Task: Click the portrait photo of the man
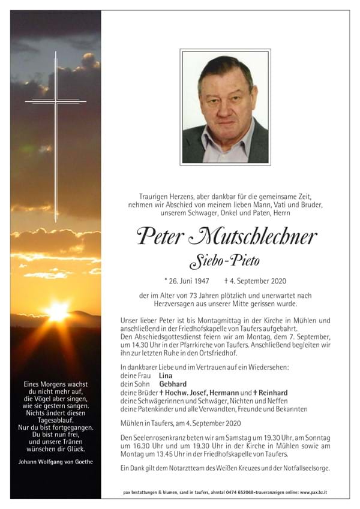point(225,107)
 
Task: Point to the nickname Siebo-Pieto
point(225,261)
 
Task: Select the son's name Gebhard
point(173,384)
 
